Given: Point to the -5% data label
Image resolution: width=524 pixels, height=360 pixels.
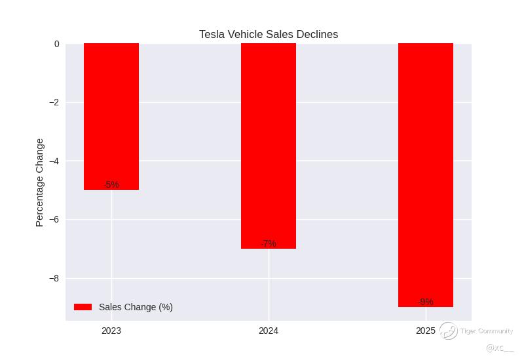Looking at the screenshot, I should click(x=111, y=185).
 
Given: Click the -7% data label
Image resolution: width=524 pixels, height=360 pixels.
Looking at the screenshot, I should click(x=269, y=243).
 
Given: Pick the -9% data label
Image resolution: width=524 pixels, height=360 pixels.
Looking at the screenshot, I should click(x=426, y=302).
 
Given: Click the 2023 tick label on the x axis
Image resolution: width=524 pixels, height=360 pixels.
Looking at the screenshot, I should click(x=111, y=331).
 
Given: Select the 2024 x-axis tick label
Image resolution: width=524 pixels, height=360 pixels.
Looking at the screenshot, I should click(x=269, y=331).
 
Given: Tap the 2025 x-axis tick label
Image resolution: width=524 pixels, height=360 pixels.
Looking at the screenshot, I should click(x=426, y=331).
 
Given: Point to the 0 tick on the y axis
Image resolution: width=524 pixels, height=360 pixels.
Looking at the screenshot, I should click(x=56, y=44).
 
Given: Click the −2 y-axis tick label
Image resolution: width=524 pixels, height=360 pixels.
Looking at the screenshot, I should click(x=54, y=103).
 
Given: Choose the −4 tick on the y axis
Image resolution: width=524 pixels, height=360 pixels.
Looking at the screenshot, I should click(x=54, y=161).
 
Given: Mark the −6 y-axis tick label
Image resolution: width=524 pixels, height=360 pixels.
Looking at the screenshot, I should click(x=54, y=220).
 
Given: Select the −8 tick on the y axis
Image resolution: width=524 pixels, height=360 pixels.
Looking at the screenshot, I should click(x=54, y=278).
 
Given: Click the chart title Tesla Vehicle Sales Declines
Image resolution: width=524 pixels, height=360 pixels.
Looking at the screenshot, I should click(x=269, y=35).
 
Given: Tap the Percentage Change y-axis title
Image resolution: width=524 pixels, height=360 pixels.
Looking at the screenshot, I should click(x=40, y=182).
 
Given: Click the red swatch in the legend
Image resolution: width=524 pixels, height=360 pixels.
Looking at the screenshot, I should click(x=83, y=307).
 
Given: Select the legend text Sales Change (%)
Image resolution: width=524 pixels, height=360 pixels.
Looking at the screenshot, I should click(x=136, y=307).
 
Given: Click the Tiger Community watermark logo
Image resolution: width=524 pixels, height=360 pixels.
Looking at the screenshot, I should click(x=449, y=331).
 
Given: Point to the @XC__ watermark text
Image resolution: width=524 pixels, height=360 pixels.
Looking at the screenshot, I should click(x=499, y=348).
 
